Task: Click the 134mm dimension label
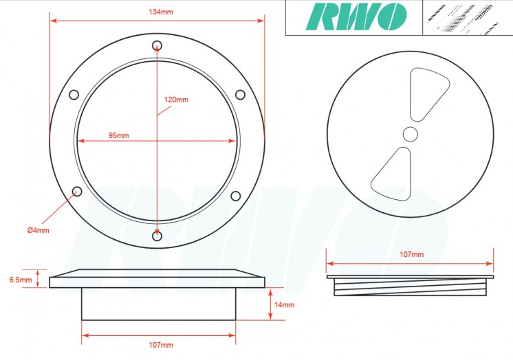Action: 157,12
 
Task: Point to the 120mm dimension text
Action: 177,100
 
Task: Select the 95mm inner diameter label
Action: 118,135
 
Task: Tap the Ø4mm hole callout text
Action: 39,229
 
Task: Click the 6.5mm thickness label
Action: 20,280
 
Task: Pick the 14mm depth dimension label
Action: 285,304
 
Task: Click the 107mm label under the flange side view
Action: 161,345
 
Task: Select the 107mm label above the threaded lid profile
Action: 411,255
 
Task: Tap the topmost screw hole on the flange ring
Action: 157,45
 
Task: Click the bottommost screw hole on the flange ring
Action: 157,236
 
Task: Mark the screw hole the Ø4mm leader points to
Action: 77,191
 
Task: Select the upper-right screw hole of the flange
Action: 240,94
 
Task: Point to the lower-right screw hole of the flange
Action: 236,196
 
